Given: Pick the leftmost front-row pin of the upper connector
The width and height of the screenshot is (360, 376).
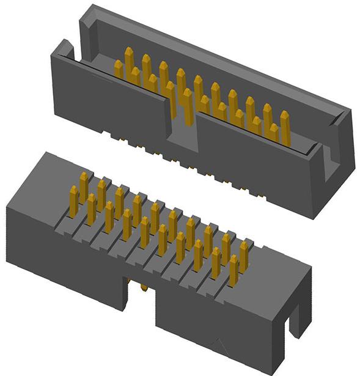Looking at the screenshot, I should pyautogui.click(x=119, y=68).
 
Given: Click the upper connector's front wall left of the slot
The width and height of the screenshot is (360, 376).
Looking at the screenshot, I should pyautogui.click(x=110, y=98).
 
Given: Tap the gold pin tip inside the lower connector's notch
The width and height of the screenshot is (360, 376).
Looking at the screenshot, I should pyautogui.click(x=143, y=287).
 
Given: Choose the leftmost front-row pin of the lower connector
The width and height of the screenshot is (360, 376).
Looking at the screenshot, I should pyautogui.click(x=74, y=202).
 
